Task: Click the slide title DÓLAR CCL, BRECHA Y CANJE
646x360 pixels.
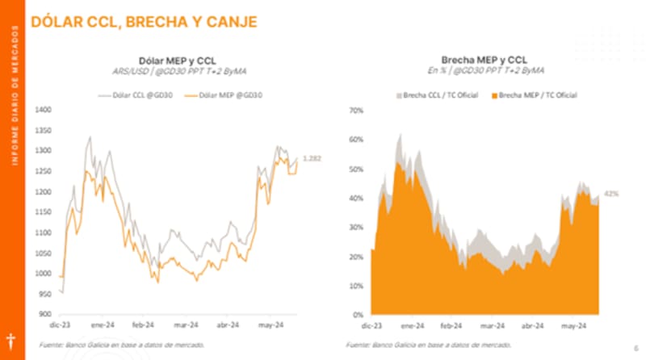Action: point(145,21)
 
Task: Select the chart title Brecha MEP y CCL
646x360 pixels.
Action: point(485,59)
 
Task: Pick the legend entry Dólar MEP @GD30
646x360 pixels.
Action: point(224,95)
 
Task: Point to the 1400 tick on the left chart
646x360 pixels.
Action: point(44,109)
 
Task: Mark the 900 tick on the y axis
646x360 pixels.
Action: point(45,314)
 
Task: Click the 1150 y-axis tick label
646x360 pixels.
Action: point(44,211)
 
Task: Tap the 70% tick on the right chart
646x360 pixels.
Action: point(355,109)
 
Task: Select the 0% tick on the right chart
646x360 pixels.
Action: point(358,314)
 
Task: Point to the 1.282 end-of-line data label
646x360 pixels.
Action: point(311,158)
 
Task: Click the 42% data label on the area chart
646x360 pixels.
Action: point(611,194)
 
